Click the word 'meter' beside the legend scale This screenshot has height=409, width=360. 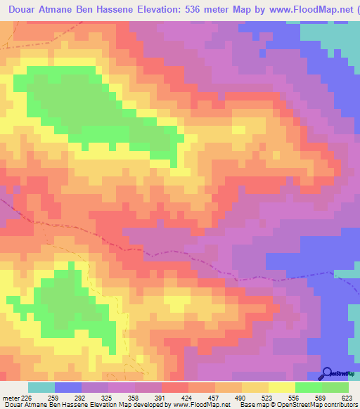pyautogui.click(x=9, y=397)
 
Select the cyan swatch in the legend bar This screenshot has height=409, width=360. pyautogui.click(x=41, y=387)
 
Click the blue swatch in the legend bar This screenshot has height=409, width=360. pyautogui.click(x=67, y=387)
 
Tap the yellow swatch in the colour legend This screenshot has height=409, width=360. pyautogui.click(x=281, y=387)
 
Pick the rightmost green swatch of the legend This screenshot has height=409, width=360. pyautogui.click(x=335, y=387)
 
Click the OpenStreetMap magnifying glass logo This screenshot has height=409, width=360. pyautogui.click(x=327, y=373)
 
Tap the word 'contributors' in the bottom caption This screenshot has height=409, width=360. pyautogui.click(x=338, y=405)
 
